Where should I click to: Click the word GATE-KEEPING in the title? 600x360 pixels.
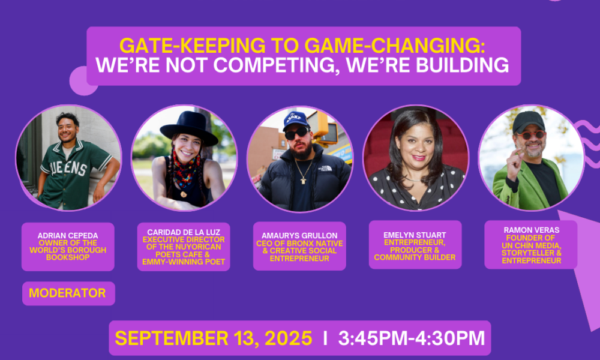pyautogui.click(x=193, y=46)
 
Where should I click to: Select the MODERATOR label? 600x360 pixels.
pyautogui.click(x=67, y=293)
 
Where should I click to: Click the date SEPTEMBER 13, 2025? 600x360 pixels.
pyautogui.click(x=214, y=338)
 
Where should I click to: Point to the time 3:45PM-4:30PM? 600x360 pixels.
pyautogui.click(x=412, y=338)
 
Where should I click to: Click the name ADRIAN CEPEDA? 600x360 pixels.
pyautogui.click(x=68, y=236)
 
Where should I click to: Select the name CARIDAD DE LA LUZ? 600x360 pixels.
pyautogui.click(x=184, y=232)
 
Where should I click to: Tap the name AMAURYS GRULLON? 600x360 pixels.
pyautogui.click(x=299, y=236)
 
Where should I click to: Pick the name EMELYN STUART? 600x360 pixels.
pyautogui.click(x=415, y=235)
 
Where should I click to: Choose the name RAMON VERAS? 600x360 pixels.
pyautogui.click(x=532, y=230)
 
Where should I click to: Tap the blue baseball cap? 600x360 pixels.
pyautogui.click(x=296, y=120)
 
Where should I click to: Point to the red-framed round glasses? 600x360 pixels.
pyautogui.click(x=530, y=135)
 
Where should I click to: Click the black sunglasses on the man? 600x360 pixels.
pyautogui.click(x=296, y=133)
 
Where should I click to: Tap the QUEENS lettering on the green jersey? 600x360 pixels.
pyautogui.click(x=69, y=167)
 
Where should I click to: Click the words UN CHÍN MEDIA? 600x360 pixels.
pyautogui.click(x=532, y=245)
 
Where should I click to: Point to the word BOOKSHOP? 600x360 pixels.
pyautogui.click(x=68, y=257)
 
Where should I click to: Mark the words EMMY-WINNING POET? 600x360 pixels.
pyautogui.click(x=184, y=262)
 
